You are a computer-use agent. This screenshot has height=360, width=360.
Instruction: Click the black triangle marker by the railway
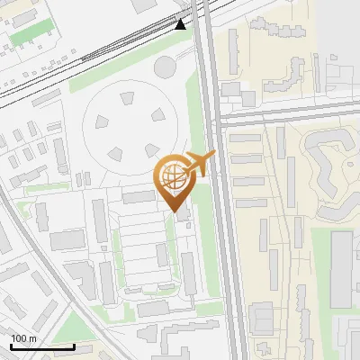pos(181,24)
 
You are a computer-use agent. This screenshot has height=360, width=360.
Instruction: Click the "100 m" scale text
pos(23,338)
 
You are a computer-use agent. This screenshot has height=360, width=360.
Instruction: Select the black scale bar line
pos(42,346)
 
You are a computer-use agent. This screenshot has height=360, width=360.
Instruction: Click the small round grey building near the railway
pos(165,66)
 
